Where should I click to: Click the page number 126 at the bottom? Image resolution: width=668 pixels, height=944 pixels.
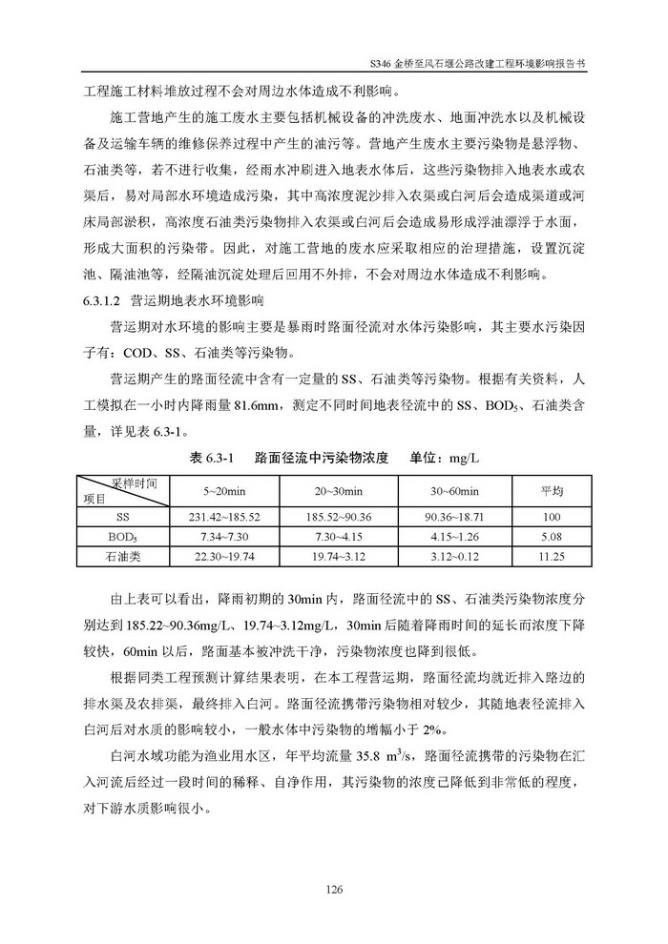pos(333,890)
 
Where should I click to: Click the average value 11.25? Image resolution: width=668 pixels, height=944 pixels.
pos(547,555)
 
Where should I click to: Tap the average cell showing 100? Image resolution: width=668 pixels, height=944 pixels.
pos(547,515)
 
